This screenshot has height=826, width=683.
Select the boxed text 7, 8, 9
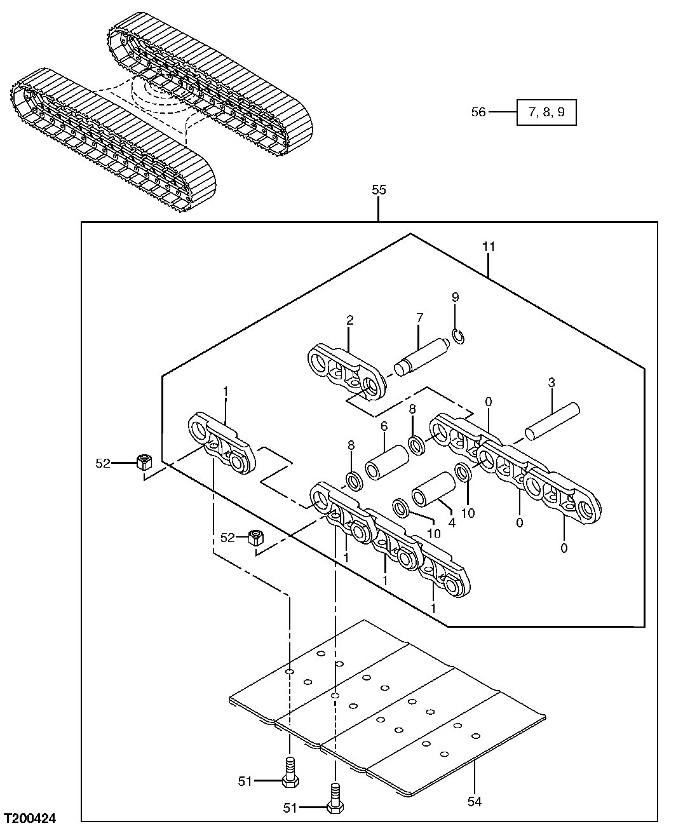[x=546, y=112]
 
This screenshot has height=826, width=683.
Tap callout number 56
[x=478, y=112]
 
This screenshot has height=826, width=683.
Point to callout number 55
[x=379, y=189]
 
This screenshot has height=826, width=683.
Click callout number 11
[x=488, y=247]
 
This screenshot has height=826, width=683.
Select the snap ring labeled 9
[x=459, y=337]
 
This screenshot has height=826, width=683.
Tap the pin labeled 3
[x=553, y=421]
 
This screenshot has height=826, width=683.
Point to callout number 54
[x=475, y=801]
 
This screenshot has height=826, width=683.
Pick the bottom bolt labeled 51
[x=334, y=798]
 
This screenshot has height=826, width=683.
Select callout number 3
[x=551, y=383]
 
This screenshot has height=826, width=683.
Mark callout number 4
[x=452, y=523]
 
